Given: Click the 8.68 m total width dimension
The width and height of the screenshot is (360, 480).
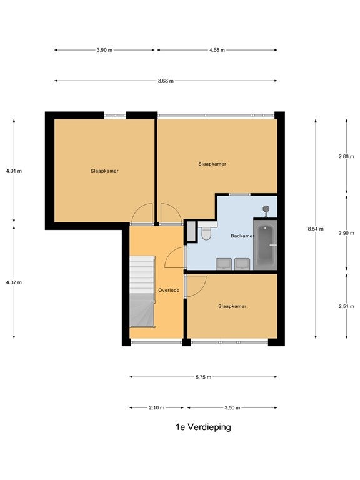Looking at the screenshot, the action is (x=166, y=81).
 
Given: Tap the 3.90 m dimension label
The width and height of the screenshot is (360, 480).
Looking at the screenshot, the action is (x=104, y=50).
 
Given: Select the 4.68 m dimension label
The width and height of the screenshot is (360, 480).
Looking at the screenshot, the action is (x=217, y=50).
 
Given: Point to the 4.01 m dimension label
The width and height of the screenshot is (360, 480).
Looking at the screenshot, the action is (x=14, y=171).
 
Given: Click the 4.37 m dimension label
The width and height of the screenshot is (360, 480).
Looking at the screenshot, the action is (x=14, y=282).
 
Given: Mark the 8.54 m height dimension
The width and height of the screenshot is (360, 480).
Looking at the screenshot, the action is (x=316, y=229).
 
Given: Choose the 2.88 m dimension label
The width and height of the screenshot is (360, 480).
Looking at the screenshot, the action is (x=346, y=156).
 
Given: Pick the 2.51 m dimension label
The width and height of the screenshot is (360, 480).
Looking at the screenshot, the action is (x=346, y=306).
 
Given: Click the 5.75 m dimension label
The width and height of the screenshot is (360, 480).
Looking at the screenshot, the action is (x=204, y=377).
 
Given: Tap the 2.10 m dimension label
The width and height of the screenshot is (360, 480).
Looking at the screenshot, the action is (x=156, y=407).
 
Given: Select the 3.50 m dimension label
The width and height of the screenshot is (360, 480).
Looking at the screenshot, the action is (x=232, y=407).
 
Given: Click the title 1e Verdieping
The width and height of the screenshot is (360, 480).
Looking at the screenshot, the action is (x=203, y=427).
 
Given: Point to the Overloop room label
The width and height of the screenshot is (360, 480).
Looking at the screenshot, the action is (x=169, y=290).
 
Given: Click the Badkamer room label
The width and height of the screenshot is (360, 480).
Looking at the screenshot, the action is (x=242, y=236).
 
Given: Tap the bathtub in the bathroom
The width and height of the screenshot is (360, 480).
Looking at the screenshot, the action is (x=265, y=245).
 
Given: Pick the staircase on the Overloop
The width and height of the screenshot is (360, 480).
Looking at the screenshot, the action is (x=142, y=292).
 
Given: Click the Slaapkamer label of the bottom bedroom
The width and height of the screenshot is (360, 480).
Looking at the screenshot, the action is (x=232, y=306).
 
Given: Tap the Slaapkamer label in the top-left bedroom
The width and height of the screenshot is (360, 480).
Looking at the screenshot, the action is (x=104, y=171).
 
